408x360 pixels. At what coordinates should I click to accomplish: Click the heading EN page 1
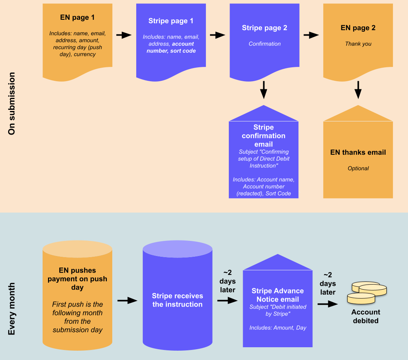coord(77,17)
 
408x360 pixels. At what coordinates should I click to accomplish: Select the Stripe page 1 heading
coord(171,21)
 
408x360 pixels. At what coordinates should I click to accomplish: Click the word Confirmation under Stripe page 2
coord(264,44)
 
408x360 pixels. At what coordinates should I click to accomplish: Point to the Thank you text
coord(358,44)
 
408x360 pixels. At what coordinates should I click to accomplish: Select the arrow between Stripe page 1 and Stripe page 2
coord(218,35)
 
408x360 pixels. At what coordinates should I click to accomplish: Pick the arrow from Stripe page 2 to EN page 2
coord(311,35)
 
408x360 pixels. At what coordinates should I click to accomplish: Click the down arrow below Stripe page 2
coord(264,90)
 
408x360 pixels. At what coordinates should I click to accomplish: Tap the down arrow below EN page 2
coord(358,90)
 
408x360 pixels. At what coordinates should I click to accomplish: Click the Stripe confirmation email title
coord(264,136)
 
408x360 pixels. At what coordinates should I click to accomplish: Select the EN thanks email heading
coord(358,152)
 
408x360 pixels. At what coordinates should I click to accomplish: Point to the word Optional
coord(358,168)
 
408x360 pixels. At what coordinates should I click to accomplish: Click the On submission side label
coord(12,103)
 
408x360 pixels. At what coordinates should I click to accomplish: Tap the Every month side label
coord(12,309)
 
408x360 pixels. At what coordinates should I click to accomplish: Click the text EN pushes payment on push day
coord(77,279)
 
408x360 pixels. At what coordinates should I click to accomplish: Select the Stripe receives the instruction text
coord(177,300)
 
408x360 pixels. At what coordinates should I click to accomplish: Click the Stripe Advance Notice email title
coord(278,295)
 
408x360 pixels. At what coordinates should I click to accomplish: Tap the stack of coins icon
coord(367,292)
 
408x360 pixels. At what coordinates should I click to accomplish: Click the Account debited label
coord(366,316)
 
